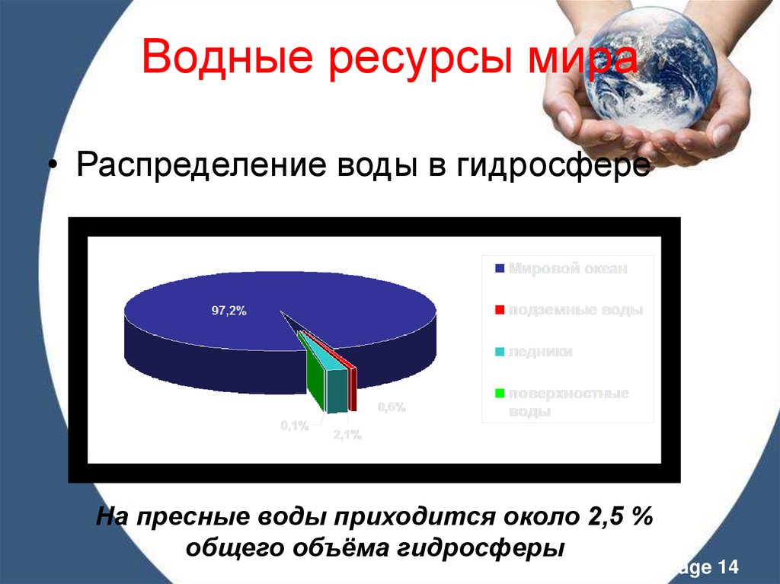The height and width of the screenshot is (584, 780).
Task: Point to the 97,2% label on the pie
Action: pos(229,310)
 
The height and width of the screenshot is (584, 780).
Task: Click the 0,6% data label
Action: pos(392,407)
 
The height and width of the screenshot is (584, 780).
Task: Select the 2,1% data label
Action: pos(347,435)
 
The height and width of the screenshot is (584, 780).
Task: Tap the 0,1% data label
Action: pos(294,426)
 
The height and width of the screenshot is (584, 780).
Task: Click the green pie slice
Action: pos(313,377)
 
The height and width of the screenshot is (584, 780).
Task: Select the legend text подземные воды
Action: pos(576,310)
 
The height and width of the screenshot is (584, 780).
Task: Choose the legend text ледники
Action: pos(540,352)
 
